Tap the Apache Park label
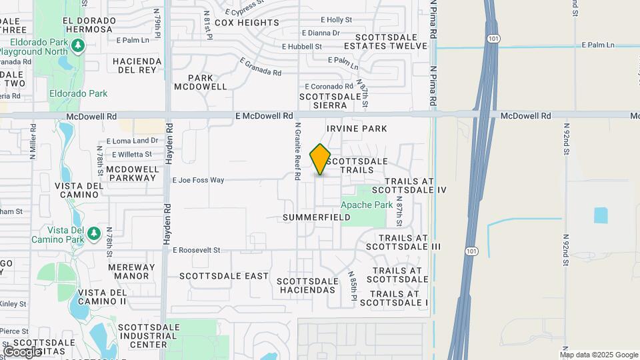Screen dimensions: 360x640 (x=367, y=205)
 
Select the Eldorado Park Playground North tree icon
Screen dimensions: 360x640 (x=79, y=45)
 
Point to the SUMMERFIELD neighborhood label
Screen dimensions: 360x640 (x=317, y=217)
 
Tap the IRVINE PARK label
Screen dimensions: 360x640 (x=357, y=128)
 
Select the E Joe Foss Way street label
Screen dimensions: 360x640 (x=198, y=180)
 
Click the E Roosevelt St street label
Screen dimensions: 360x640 (x=197, y=250)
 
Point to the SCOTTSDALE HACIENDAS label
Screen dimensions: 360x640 (x=306, y=285)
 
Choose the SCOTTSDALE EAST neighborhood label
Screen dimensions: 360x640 (x=224, y=276)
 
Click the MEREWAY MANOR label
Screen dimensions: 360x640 (x=132, y=271)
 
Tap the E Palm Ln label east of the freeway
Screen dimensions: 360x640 (x=597, y=45)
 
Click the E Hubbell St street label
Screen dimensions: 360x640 (x=302, y=47)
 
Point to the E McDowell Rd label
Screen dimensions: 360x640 (x=265, y=116)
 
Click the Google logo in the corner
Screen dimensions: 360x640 (x=22, y=351)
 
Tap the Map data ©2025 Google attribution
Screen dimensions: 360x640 (x=599, y=355)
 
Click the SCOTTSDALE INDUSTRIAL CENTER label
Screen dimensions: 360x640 (x=148, y=335)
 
